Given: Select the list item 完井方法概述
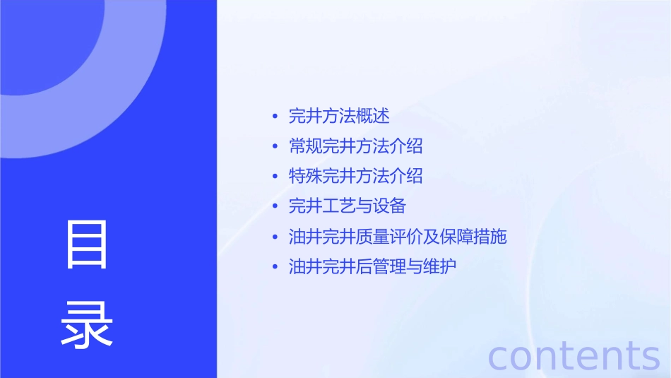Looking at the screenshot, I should click(339, 116).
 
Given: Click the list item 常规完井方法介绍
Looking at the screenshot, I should click(355, 146).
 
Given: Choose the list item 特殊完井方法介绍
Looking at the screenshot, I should click(355, 176).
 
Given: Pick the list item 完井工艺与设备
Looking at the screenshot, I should click(348, 206).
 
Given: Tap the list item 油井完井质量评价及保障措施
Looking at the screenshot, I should click(398, 237).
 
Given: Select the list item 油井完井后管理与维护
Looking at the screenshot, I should click(372, 267).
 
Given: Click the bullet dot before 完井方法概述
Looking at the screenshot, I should click(275, 117).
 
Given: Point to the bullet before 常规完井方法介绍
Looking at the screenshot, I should click(275, 147).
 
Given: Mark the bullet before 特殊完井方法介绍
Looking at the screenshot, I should click(275, 177).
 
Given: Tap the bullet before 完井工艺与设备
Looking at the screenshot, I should click(275, 207).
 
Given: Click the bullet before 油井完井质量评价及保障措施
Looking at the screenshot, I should click(275, 237).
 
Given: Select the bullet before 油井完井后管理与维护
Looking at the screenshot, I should click(275, 268).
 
